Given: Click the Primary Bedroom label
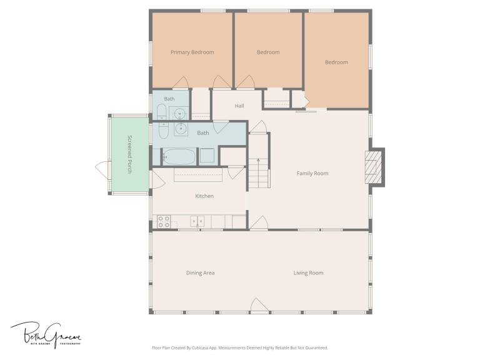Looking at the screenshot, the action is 192,52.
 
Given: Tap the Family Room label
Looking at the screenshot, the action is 312,173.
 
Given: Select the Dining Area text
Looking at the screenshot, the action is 200,272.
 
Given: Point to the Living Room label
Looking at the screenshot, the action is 308,272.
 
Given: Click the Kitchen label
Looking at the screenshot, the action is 204,196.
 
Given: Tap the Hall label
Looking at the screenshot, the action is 239,106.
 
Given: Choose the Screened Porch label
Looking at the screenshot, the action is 130,154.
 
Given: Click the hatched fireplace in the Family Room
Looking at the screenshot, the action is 373,167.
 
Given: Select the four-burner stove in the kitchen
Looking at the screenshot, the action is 164,222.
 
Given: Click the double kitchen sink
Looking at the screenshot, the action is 197,221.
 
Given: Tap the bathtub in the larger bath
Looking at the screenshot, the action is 179,157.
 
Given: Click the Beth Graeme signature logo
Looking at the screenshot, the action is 46,335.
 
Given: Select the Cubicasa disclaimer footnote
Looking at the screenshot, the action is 240,347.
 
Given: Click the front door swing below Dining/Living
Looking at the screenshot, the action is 259,305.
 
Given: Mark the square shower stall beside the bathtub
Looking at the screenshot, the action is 207,156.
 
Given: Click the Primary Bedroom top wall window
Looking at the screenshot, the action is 213,11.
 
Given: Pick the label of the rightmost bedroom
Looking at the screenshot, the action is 336,62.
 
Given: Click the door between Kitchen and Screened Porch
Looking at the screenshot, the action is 157,179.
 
